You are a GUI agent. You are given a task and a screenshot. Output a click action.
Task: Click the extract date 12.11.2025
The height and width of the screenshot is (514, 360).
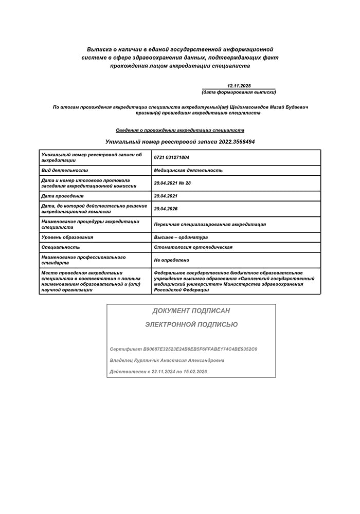[x=238, y=85]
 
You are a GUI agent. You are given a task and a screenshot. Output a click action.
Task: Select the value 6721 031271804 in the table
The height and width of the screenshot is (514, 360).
[x=172, y=157]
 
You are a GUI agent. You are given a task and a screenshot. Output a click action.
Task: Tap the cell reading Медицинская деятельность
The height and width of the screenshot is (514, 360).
[x=188, y=170]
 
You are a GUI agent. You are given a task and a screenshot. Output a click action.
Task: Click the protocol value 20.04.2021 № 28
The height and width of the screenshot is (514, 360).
[x=172, y=183]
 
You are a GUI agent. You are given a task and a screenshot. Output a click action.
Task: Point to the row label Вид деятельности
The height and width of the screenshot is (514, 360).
[x=65, y=170]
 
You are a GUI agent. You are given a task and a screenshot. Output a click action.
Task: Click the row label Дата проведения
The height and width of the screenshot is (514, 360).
[x=62, y=196]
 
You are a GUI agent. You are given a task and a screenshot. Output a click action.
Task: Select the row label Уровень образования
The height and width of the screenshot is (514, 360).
[x=67, y=237]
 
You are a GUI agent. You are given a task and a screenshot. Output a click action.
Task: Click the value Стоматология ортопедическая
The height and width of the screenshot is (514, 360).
[x=193, y=247]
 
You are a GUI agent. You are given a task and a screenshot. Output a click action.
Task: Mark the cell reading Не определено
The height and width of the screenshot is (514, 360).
[x=172, y=260]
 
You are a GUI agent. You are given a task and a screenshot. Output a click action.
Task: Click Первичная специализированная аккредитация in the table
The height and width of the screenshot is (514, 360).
[x=210, y=224]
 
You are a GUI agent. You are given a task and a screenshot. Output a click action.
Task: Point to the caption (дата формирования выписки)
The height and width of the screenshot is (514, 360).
[x=239, y=92]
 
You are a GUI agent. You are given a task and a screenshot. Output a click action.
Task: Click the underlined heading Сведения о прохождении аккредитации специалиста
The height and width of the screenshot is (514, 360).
[x=180, y=130]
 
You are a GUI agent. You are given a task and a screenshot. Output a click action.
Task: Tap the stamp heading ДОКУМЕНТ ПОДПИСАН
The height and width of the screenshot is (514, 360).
[x=191, y=311]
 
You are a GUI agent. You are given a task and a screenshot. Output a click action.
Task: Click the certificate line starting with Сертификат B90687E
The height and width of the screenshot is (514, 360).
[x=184, y=349]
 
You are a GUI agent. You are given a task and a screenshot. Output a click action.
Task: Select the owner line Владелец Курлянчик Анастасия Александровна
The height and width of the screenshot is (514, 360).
[x=167, y=360]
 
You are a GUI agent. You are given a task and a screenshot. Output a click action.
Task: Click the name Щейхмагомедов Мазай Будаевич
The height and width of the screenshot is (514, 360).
[x=271, y=107]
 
